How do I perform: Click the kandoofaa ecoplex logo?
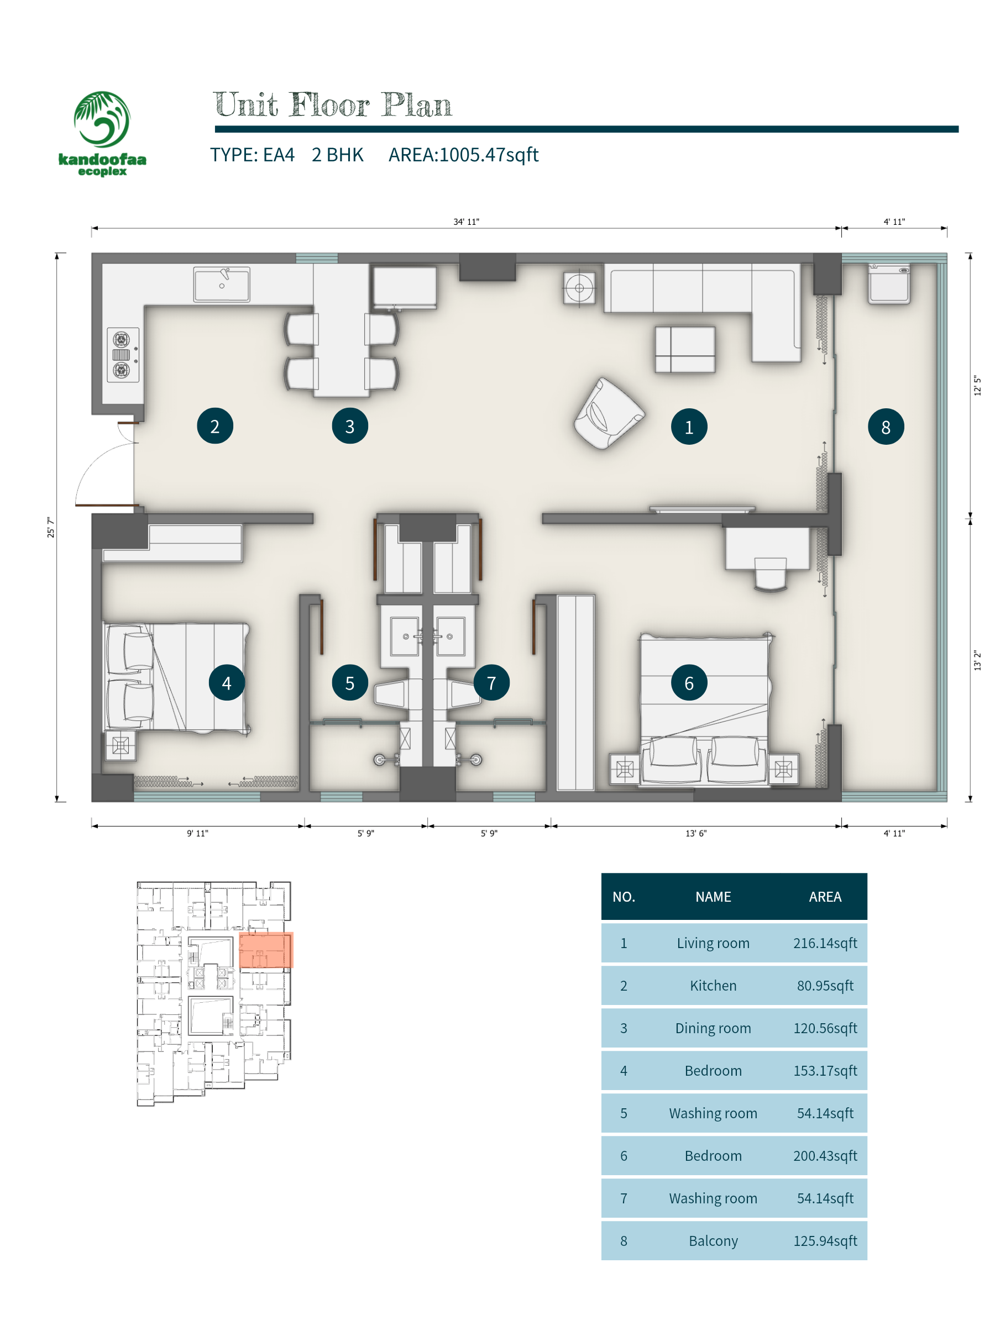pyautogui.click(x=102, y=133)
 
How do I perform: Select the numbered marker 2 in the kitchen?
pyautogui.click(x=214, y=425)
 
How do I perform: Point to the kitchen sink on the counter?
pyautogui.click(x=221, y=284)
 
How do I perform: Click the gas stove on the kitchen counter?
pyautogui.click(x=123, y=355)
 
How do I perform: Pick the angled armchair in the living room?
pyautogui.click(x=608, y=413)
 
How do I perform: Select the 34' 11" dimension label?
pyautogui.click(x=466, y=222)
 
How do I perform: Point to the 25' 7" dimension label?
pyautogui.click(x=51, y=528)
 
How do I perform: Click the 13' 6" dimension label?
pyautogui.click(x=696, y=833)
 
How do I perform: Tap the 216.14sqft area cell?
pyautogui.click(x=825, y=943)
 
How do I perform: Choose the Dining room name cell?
pyautogui.click(x=713, y=1028)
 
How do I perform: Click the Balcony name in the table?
pyautogui.click(x=713, y=1241)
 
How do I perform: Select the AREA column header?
pyautogui.click(x=825, y=897)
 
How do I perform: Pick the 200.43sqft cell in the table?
pyautogui.click(x=825, y=1156)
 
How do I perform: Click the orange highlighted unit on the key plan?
pyautogui.click(x=266, y=950)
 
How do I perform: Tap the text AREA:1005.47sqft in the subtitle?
pyautogui.click(x=463, y=155)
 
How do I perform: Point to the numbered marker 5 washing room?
pyautogui.click(x=350, y=682)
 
